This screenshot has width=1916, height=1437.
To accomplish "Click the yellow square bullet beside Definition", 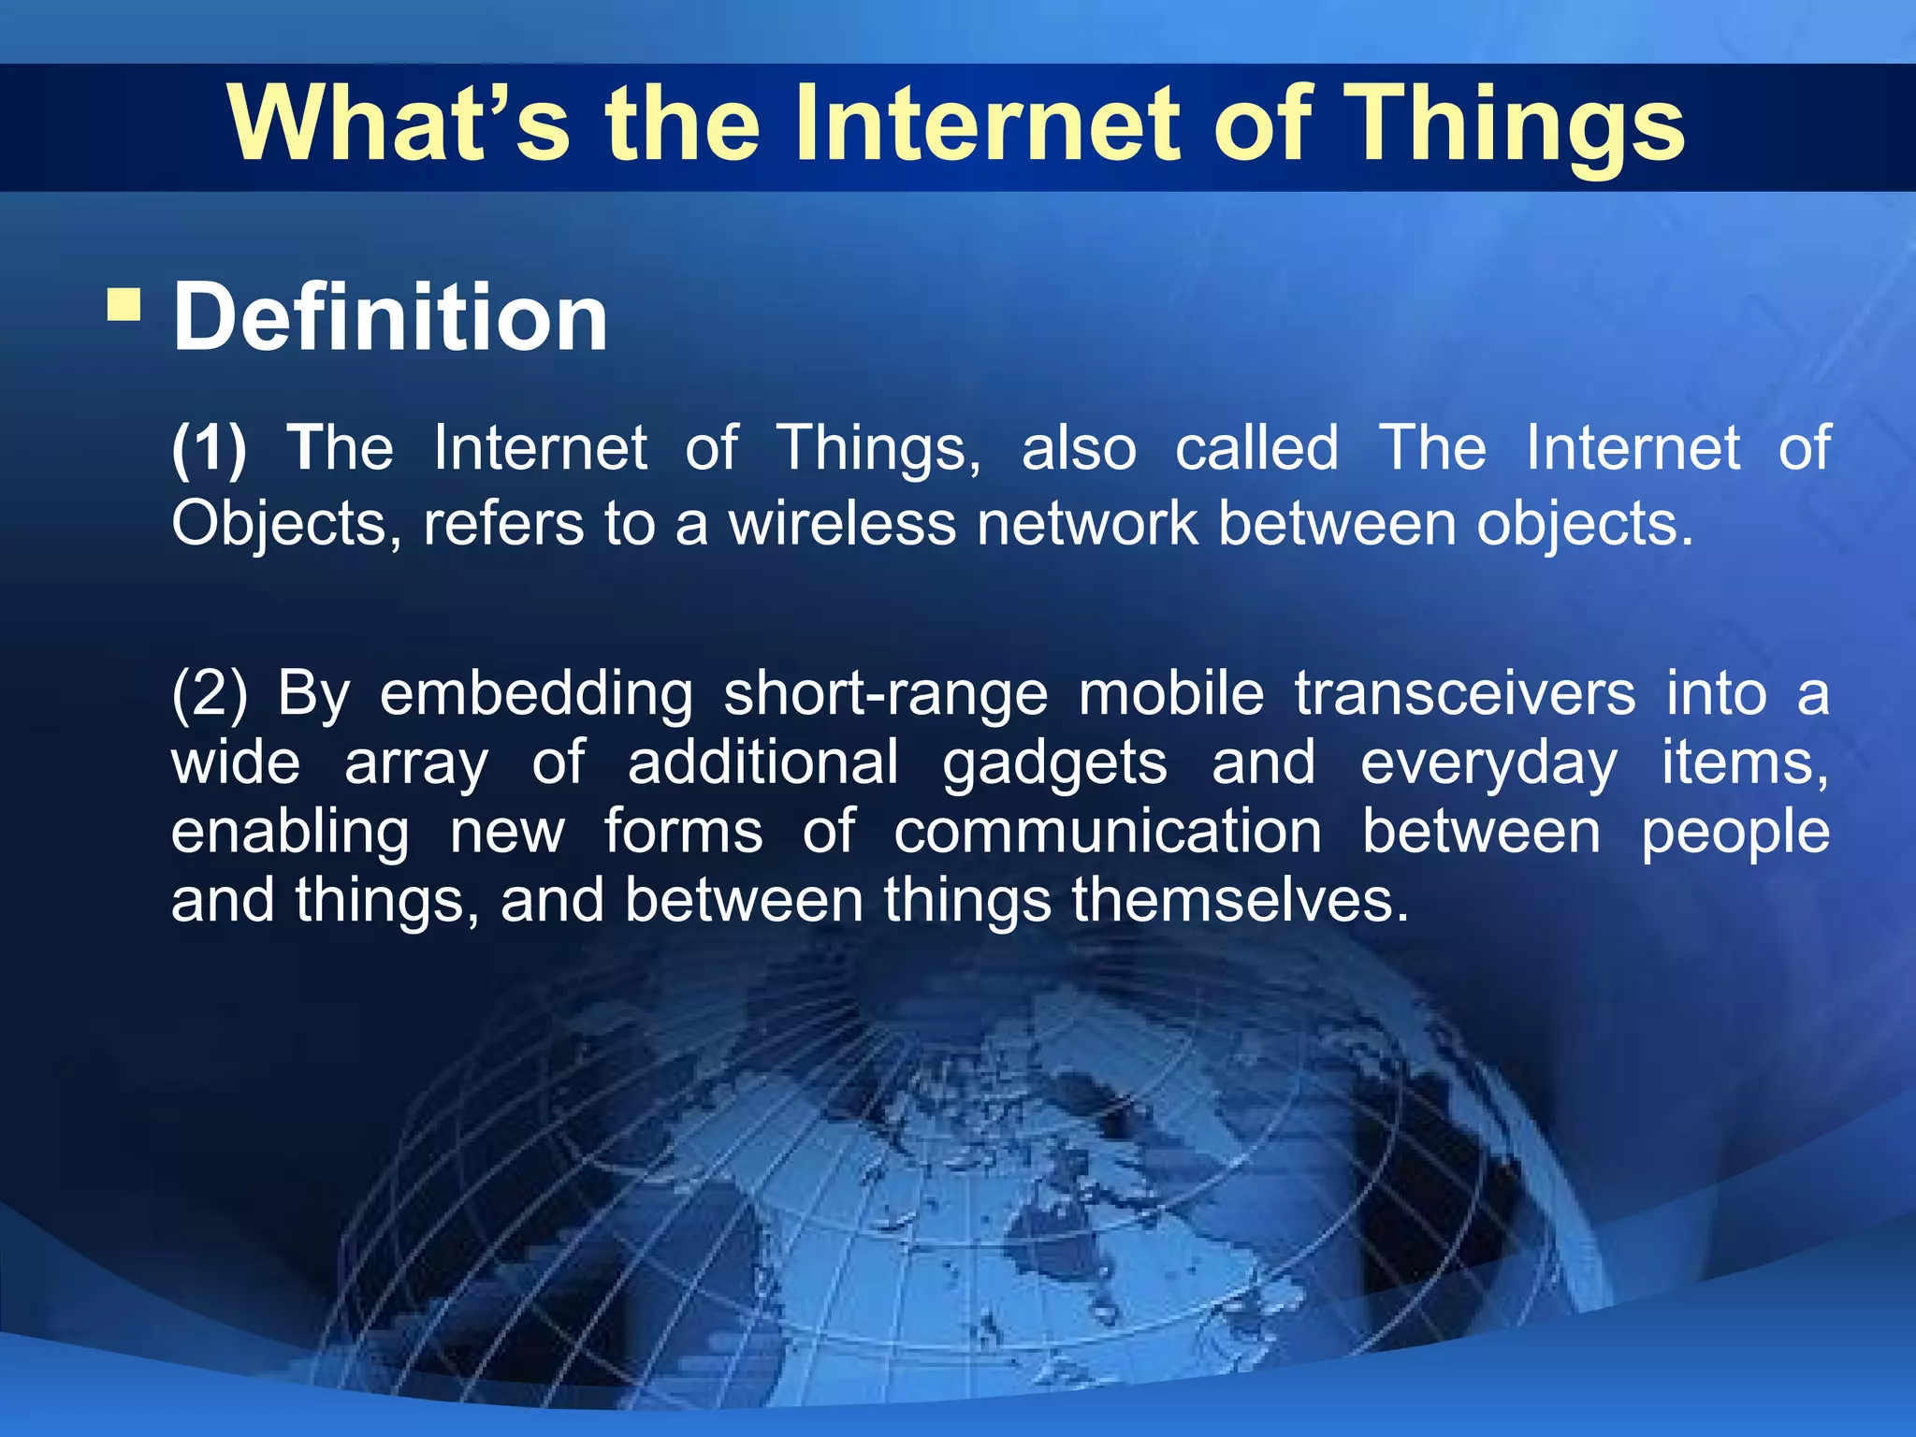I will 123,304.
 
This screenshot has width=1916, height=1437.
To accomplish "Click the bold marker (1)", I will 209,448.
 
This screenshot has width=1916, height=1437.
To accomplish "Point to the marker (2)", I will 209,694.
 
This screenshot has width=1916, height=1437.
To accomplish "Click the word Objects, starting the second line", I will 286,523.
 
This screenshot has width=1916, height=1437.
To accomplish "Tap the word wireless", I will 842,523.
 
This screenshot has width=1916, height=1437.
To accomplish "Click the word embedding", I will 536,694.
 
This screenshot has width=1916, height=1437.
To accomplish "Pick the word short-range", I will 886,694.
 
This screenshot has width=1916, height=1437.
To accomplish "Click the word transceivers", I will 1465,694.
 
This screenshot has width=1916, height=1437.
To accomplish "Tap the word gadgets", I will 1054,763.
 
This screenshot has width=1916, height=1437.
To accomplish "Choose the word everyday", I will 1488,763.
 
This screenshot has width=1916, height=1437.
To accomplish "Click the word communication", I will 1107,832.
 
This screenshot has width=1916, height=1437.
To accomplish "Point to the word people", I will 1735,832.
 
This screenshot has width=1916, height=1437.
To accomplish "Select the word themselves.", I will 1240,900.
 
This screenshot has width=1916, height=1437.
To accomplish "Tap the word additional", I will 762,763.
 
